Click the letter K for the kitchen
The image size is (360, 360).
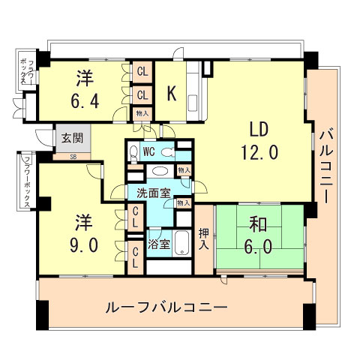click(x=172, y=94)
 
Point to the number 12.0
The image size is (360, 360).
click(x=259, y=152)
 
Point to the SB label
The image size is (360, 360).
click(x=73, y=157)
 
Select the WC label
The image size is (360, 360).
click(x=148, y=151)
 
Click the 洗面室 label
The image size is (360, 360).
click(x=153, y=193)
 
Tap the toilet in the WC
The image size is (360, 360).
click(x=133, y=153)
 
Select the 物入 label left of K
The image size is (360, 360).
click(x=142, y=112)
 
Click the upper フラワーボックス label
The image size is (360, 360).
click(x=25, y=70)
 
